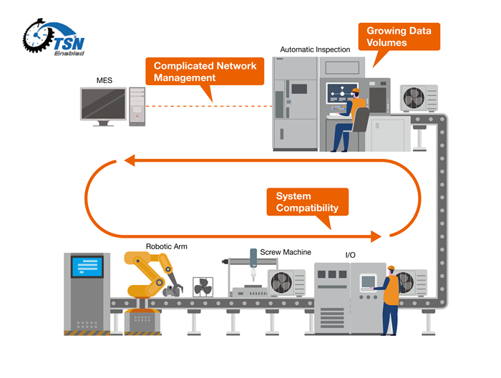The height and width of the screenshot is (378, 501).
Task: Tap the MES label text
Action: click(x=104, y=81)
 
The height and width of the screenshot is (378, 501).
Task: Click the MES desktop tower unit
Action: click(x=137, y=107)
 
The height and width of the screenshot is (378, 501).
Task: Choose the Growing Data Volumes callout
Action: click(x=398, y=37)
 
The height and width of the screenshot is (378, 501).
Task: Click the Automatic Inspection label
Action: click(x=315, y=49)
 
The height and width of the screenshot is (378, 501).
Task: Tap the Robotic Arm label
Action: click(x=166, y=246)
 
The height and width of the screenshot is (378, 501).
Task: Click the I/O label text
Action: click(x=351, y=255)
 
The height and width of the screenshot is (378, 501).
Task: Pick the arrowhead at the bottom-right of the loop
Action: click(x=376, y=235)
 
